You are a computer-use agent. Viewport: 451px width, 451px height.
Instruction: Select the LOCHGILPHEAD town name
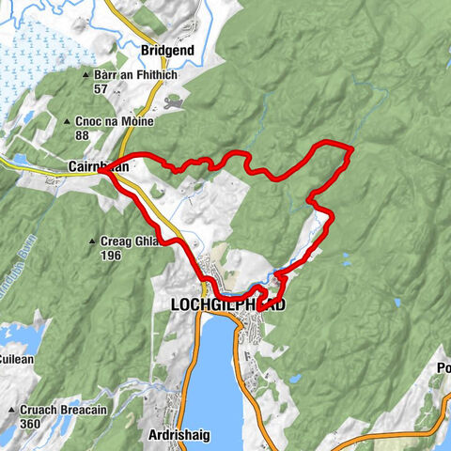coord(228,304)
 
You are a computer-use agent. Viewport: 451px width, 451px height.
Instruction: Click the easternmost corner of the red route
coord(350,148)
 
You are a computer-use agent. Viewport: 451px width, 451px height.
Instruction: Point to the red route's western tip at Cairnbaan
coord(99,172)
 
